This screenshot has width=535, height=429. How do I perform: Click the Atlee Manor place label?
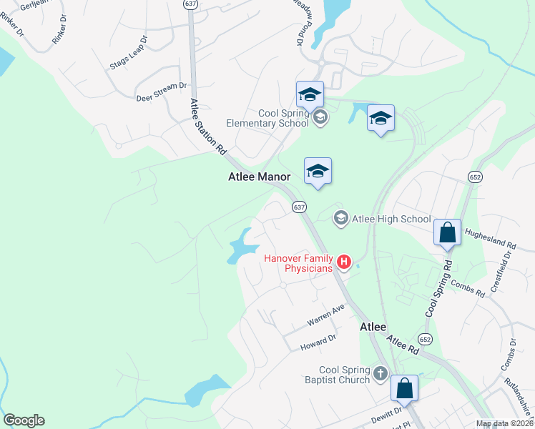coord(259,177)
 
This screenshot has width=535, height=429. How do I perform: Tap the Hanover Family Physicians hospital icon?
coord(344,263)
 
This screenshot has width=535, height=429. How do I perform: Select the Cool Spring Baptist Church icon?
coord(380,373)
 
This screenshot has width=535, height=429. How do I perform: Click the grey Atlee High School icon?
coord(341,218)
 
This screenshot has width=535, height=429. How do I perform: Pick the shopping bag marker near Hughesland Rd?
coord(448,233)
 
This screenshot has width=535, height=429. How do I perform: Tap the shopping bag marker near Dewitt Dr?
coord(404,390)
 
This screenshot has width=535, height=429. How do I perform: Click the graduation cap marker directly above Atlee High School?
coord(318,171)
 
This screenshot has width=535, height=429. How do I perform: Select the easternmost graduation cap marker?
coord(381,118)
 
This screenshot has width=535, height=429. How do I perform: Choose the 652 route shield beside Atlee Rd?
coord(426,339)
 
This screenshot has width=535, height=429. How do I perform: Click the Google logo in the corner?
coord(24,420)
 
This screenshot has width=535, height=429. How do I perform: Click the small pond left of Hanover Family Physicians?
coord(241,247)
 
